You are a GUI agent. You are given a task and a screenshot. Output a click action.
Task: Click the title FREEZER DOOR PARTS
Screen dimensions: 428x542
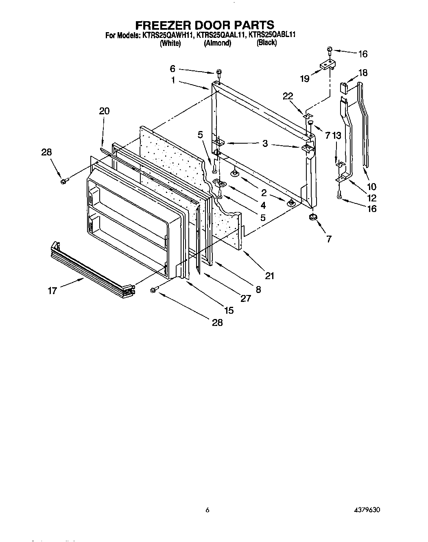[x=204, y=25]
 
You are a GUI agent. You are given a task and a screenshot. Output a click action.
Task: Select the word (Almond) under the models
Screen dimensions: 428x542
[x=218, y=43]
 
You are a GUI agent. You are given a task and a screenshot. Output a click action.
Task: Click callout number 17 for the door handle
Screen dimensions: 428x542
[x=52, y=291]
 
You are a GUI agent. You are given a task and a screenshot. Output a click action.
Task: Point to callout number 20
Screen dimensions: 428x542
[x=104, y=111]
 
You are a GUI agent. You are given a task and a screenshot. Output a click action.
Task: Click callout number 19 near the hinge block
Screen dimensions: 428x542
[x=305, y=79]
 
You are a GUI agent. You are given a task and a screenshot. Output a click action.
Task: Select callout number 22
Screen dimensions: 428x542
[x=288, y=96]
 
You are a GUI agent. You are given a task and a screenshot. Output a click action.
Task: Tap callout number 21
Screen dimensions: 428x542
[x=269, y=275]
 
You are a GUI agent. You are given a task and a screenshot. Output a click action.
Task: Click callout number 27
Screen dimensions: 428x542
[x=245, y=298]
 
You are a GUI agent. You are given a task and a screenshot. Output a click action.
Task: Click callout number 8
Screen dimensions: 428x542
[x=258, y=289]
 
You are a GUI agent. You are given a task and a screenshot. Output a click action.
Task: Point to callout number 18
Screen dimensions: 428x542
[x=362, y=73]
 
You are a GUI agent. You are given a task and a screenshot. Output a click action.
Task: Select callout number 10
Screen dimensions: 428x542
[x=371, y=187]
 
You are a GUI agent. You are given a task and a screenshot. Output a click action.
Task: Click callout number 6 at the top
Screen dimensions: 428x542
[x=173, y=69]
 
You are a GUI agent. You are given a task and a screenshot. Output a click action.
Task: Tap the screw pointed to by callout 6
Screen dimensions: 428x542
[x=219, y=73]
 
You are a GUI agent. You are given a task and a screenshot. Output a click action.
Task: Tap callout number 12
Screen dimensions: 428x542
[x=371, y=198]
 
